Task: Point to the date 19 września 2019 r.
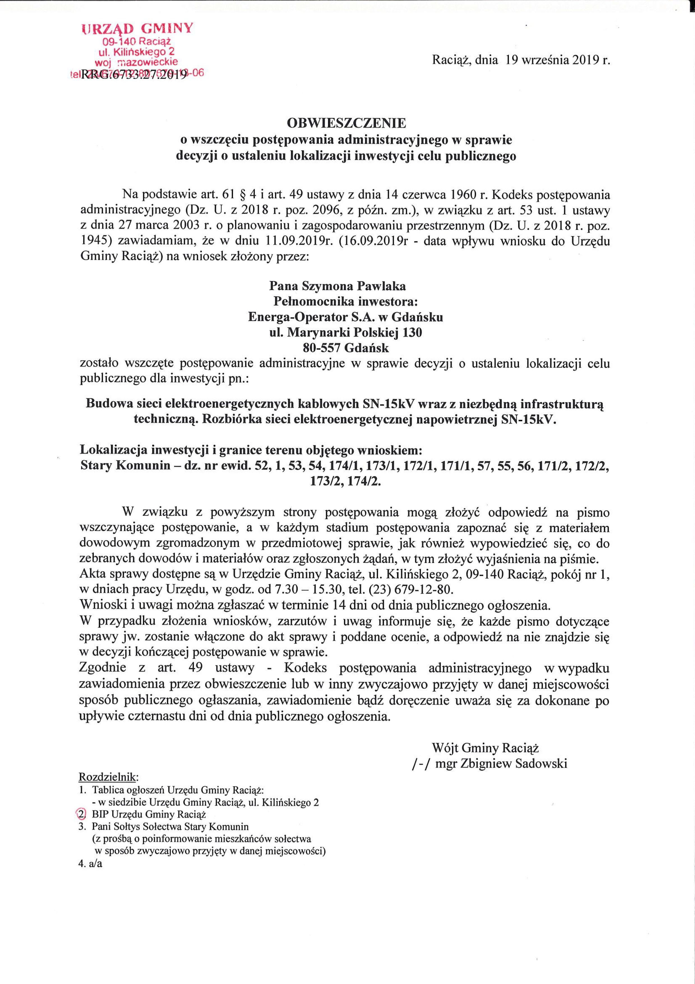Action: tap(557, 60)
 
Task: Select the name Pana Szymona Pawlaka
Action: tap(338, 286)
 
